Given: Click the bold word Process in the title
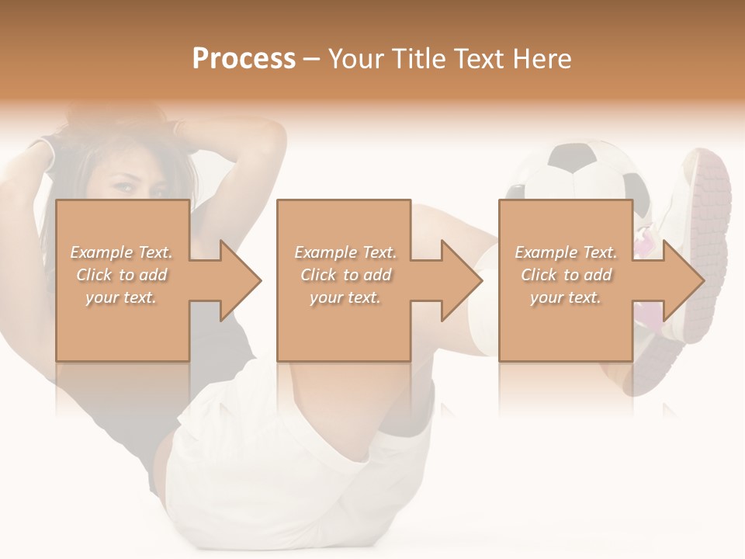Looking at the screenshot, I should click(x=244, y=59).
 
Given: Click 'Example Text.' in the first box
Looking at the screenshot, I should click(x=122, y=252).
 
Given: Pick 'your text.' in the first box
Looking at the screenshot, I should click(x=122, y=297).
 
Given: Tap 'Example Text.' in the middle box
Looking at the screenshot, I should click(x=345, y=252).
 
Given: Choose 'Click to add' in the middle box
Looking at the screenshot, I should click(x=345, y=275).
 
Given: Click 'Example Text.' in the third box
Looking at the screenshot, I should click(x=566, y=252).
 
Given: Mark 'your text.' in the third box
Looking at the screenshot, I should click(x=566, y=297).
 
